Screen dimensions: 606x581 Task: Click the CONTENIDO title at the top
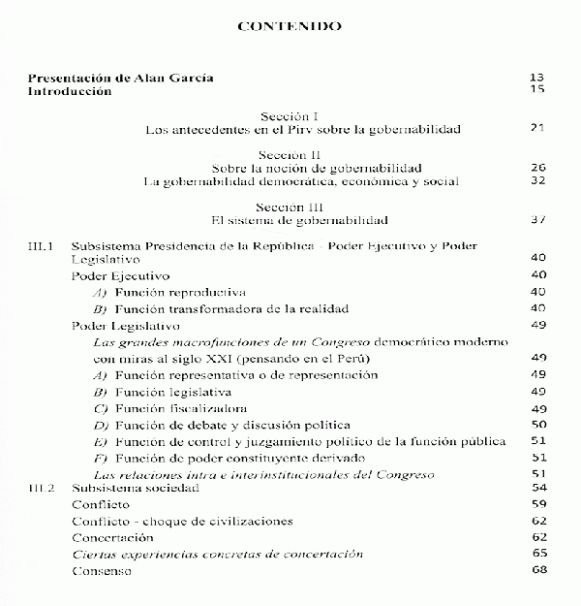click(290, 26)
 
